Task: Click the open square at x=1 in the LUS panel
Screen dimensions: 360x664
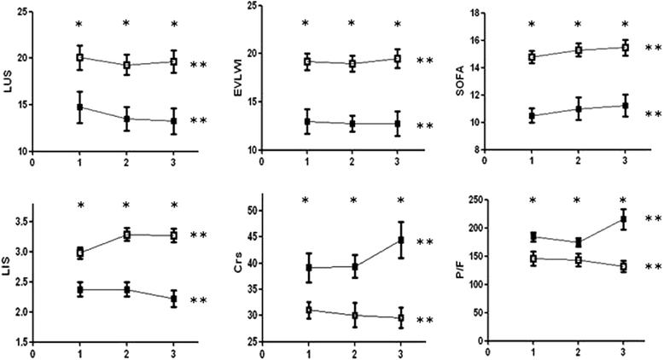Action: (80, 57)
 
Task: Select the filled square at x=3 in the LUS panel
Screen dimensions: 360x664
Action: (174, 121)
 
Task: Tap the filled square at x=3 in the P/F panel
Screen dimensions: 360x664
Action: (624, 220)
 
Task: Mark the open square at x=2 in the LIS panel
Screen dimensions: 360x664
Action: (127, 235)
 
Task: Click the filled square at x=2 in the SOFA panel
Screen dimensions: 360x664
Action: (578, 108)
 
